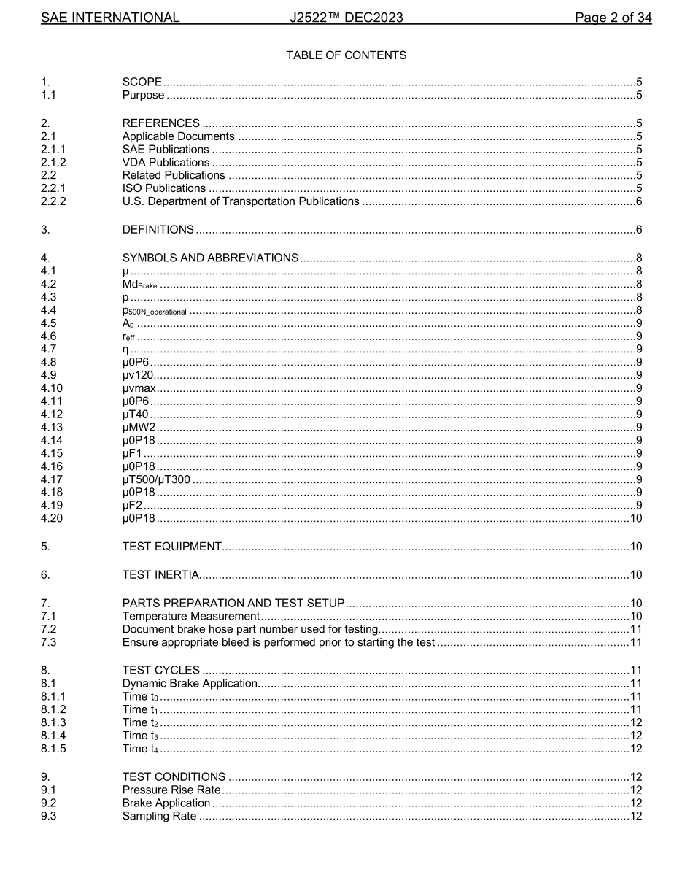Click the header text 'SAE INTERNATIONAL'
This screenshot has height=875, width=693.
click(110, 18)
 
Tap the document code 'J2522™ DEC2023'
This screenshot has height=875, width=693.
click(346, 18)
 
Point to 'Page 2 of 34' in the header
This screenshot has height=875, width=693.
click(613, 18)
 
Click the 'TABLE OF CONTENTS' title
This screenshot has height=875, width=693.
click(346, 55)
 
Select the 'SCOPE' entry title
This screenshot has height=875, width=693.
click(142, 82)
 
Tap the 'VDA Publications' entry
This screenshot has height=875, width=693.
click(166, 163)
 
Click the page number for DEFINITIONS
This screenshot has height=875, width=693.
click(638, 230)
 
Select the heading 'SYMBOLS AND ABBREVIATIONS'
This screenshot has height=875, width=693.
click(210, 258)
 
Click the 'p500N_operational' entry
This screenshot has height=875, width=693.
click(154, 311)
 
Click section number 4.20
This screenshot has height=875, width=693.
click(52, 519)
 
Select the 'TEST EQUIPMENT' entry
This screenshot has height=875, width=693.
click(171, 547)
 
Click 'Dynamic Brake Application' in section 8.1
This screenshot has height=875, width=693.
click(190, 684)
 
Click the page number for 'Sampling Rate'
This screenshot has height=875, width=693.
click(635, 816)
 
